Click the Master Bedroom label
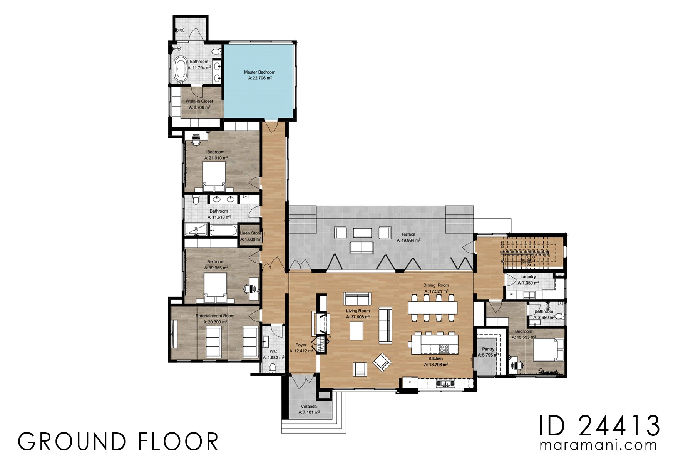(259, 72)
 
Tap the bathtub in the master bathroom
(181, 69)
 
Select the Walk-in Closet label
(199, 101)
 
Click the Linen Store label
(250, 233)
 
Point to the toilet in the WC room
(273, 368)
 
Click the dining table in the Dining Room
(433, 308)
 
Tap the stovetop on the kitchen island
(444, 349)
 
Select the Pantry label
(488, 349)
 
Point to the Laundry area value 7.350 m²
(528, 283)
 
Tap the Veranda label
(309, 407)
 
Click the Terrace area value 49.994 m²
(408, 240)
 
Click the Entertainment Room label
(215, 316)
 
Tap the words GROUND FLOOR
(118, 442)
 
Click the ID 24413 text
(599, 426)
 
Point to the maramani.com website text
(598, 445)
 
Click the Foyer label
(301, 345)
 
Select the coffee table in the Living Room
(356, 330)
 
